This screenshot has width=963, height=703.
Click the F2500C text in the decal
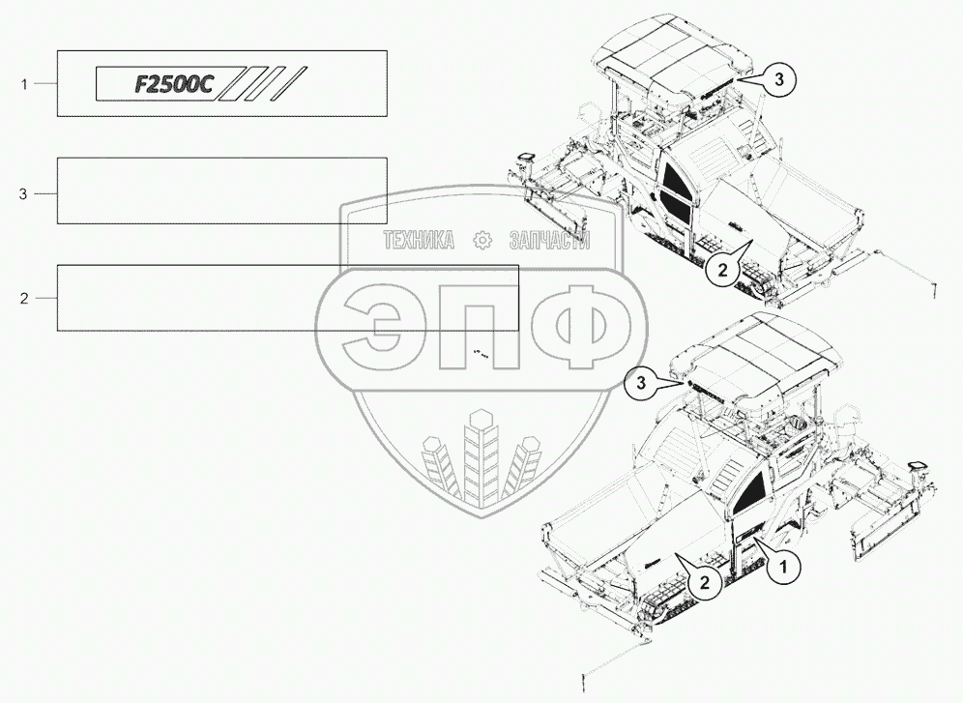click(x=173, y=85)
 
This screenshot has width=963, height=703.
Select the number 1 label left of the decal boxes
click(x=24, y=84)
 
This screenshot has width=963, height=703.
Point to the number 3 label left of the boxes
click(x=23, y=194)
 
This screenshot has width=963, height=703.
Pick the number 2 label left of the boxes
click(x=24, y=299)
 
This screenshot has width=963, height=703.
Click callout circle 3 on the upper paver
click(x=778, y=78)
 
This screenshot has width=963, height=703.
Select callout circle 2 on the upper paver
click(x=722, y=269)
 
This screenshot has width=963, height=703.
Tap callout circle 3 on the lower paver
click(x=641, y=383)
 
